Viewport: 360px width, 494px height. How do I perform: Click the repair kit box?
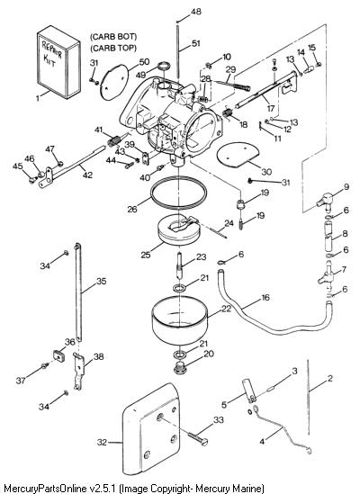pyautogui.click(x=58, y=62)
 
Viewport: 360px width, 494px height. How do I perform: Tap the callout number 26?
pyautogui.click(x=132, y=209)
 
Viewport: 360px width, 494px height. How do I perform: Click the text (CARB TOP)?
pyautogui.click(x=113, y=48)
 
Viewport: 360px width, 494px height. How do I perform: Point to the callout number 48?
pyautogui.click(x=196, y=12)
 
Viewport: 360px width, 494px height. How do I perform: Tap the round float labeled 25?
pyautogui.click(x=178, y=231)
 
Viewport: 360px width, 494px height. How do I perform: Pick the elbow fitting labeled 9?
pyautogui.click(x=326, y=201)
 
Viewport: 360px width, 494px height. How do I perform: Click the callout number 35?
pyautogui.click(x=101, y=281)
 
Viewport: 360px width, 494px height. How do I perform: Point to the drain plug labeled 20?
pyautogui.click(x=180, y=368)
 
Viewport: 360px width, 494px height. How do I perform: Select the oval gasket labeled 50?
pyautogui.click(x=114, y=82)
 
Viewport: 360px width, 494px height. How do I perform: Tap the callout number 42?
pyautogui.click(x=87, y=175)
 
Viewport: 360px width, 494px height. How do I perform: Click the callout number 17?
pyautogui.click(x=271, y=109)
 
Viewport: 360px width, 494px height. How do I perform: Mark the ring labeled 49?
pyautogui.click(x=164, y=67)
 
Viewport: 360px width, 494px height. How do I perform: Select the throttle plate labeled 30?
pyautogui.click(x=238, y=155)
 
